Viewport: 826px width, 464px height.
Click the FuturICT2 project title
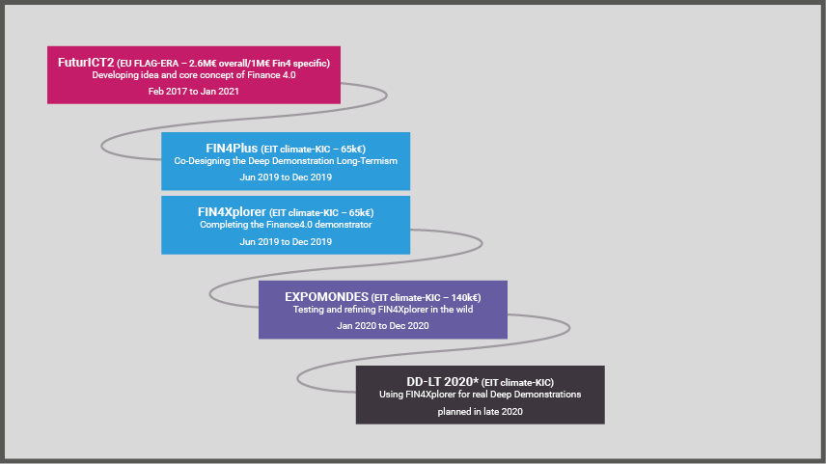pos(86,62)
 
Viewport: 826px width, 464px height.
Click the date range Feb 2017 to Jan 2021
pos(193,91)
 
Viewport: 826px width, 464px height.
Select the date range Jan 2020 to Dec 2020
pos(382,326)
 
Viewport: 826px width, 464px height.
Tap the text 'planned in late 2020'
pos(480,411)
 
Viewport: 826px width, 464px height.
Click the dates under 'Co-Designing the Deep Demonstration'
pos(285,177)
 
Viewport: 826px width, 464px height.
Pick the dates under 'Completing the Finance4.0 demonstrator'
pos(285,241)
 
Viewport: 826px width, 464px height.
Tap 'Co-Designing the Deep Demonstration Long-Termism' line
pos(285,161)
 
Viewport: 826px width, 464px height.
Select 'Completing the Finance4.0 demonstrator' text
pos(285,225)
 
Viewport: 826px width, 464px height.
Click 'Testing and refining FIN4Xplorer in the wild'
pos(382,310)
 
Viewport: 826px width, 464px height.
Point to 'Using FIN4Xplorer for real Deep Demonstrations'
pos(480,395)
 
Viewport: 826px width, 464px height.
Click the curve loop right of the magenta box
pos(385,95)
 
